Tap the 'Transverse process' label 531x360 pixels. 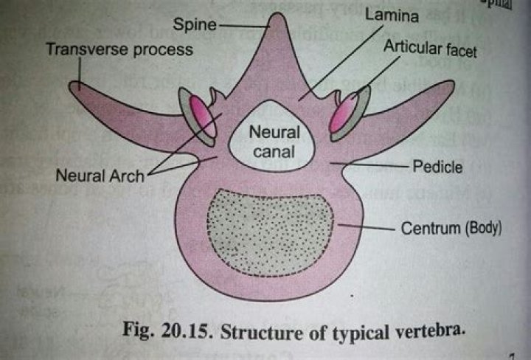point(119,50)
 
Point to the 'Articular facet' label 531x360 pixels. point(430,50)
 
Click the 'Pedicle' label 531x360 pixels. point(437,167)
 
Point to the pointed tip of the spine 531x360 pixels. point(277,17)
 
